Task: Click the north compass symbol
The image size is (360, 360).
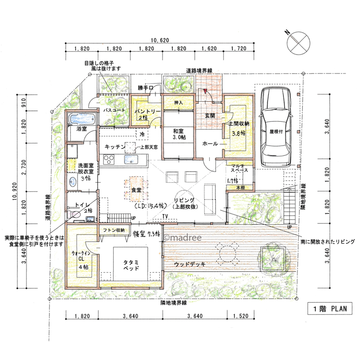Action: [x=298, y=43]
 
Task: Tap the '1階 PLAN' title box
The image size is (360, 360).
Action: [x=330, y=309]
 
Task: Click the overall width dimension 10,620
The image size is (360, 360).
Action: [x=160, y=40]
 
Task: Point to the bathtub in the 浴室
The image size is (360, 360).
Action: [x=82, y=119]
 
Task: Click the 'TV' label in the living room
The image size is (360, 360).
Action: [x=165, y=216]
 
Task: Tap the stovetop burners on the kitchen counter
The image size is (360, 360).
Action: [x=109, y=159]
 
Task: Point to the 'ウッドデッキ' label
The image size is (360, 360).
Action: [x=190, y=264]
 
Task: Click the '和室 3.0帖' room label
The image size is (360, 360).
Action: [x=179, y=134]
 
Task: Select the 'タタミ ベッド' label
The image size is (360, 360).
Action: [x=131, y=265]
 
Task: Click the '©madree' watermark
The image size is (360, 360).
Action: [x=183, y=237]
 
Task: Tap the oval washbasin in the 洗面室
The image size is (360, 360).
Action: [x=73, y=182]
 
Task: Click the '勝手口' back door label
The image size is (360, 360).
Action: [x=145, y=88]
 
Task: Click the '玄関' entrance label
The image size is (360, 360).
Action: [x=210, y=115]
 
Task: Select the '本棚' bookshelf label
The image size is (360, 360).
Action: [x=240, y=188]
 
